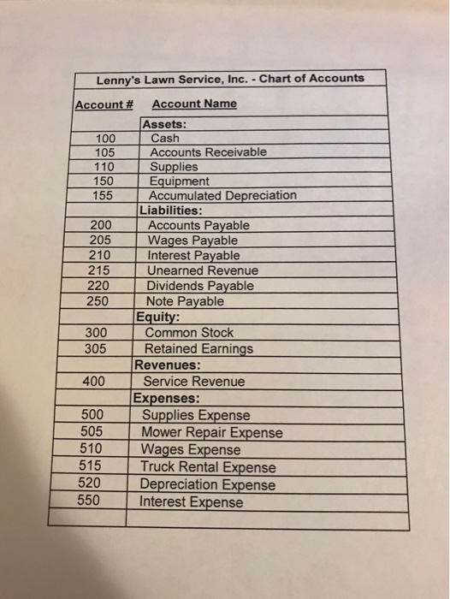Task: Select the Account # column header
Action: click(103, 104)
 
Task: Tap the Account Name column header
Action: click(193, 104)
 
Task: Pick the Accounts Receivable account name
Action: click(208, 151)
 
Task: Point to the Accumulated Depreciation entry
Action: click(222, 195)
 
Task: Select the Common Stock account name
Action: click(189, 332)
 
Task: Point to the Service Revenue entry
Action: click(193, 382)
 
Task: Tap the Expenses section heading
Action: click(166, 398)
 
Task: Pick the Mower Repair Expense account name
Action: click(212, 432)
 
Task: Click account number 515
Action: click(93, 466)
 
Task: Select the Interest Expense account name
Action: click(192, 502)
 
